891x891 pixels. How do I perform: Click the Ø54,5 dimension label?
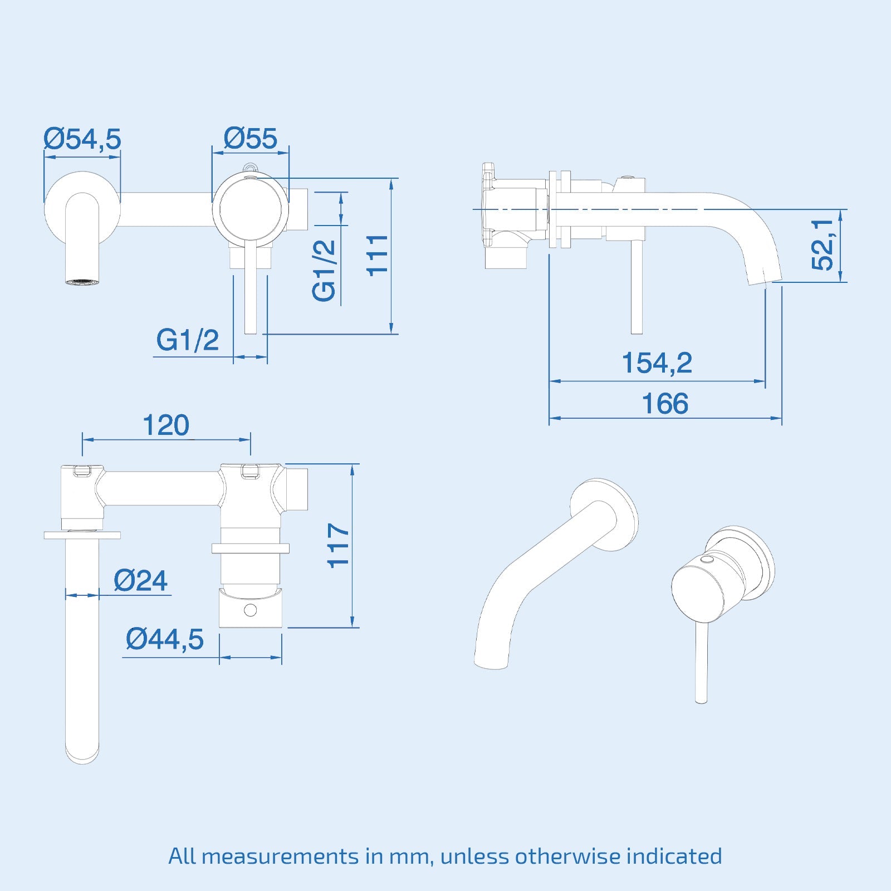tap(82, 139)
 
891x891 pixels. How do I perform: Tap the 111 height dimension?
tap(378, 254)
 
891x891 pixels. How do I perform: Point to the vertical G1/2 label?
tap(325, 271)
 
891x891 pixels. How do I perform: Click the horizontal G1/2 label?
tap(188, 340)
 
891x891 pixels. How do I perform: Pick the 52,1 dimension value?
tap(823, 245)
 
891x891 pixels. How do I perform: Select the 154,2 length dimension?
tap(657, 363)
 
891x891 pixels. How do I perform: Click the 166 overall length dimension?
tap(665, 403)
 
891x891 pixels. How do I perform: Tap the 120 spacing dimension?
tap(166, 425)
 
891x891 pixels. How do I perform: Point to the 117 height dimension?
tap(339, 545)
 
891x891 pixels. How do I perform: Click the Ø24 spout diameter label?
tap(140, 581)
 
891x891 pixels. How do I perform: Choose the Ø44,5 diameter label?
tap(165, 639)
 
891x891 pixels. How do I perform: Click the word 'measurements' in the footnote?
tap(280, 856)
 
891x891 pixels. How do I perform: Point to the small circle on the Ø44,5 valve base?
tap(251, 610)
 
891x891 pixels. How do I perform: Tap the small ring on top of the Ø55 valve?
tap(251, 167)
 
